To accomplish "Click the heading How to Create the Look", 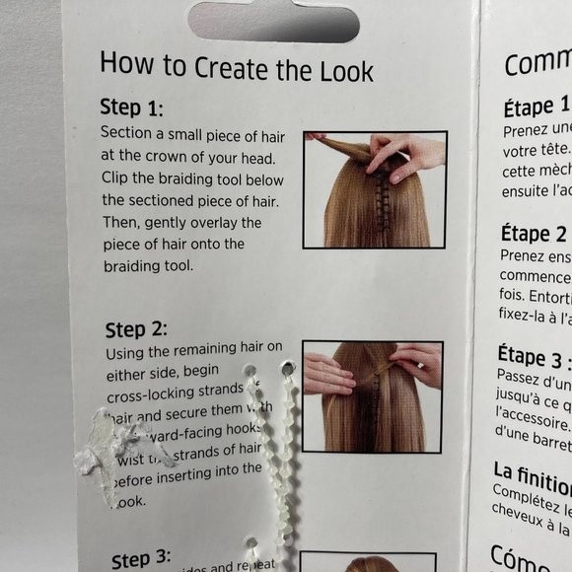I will tap(236, 67).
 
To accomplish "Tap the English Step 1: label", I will tap(131, 107).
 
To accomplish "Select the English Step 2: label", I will tap(136, 328).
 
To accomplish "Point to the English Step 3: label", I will tap(141, 559).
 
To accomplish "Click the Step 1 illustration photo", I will tap(374, 189).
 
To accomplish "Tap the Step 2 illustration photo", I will tap(372, 395).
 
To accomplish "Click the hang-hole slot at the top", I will tap(273, 21).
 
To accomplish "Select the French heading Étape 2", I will tap(534, 233).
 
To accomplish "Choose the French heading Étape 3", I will tap(534, 355).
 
